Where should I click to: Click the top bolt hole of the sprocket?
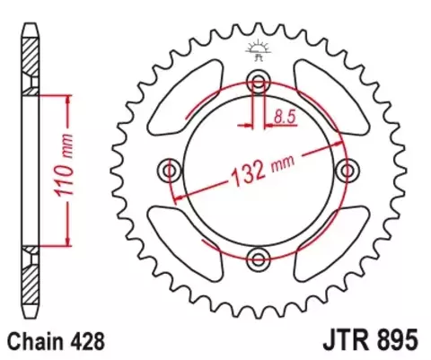[x=259, y=83]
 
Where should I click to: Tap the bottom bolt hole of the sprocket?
[x=259, y=259]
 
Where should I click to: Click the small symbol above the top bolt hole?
[x=259, y=50]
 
